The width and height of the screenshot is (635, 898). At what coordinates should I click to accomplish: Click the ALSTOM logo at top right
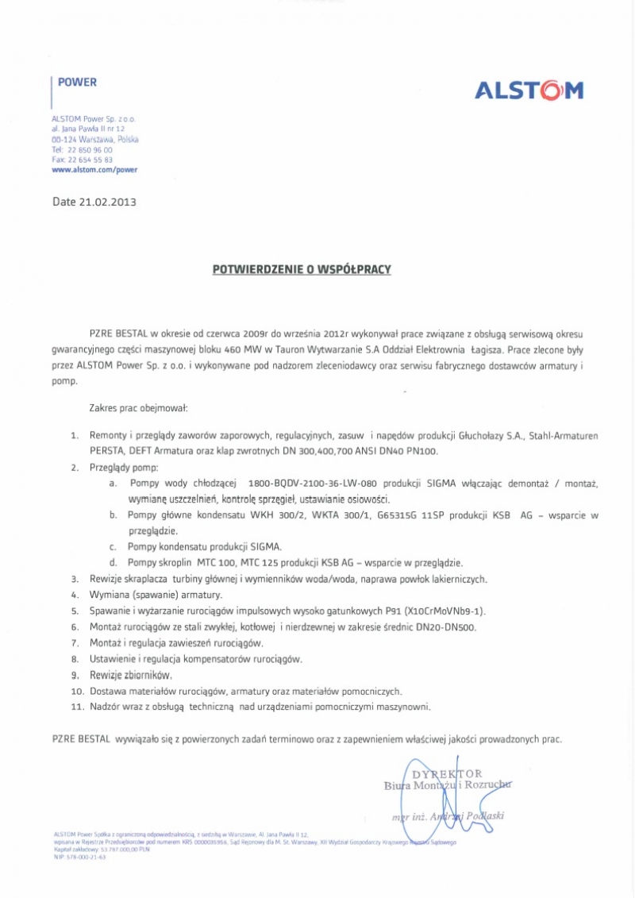click(529, 91)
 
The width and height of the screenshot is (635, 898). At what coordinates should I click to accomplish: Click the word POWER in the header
click(77, 82)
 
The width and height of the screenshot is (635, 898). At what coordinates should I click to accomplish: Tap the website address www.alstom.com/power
click(94, 169)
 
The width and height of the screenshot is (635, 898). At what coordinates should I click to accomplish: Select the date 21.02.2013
click(108, 202)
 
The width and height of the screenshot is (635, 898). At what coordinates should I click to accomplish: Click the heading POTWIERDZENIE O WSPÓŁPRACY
click(302, 270)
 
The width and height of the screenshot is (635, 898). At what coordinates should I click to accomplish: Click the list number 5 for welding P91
click(75, 611)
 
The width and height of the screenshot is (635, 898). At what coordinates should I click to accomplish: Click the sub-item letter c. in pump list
click(113, 546)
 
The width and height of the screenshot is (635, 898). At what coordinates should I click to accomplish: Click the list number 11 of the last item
click(77, 706)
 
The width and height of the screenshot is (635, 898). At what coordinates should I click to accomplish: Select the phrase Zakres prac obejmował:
click(138, 408)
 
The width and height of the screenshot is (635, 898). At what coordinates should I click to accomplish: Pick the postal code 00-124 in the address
click(65, 139)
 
